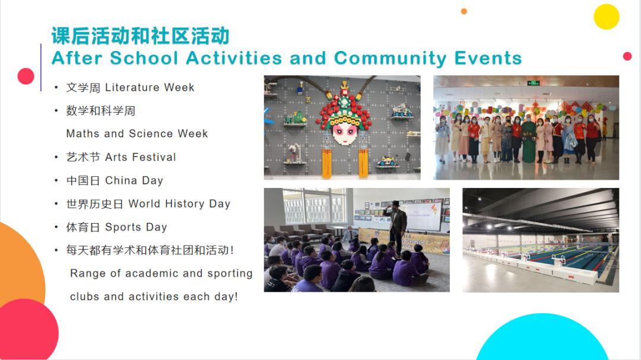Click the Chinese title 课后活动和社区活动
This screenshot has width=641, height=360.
pos(140,36)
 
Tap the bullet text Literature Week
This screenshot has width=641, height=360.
pos(150,87)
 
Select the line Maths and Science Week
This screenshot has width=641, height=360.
pos(137,133)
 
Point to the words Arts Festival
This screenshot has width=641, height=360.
pos(141,157)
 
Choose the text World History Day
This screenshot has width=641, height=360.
pos(179,204)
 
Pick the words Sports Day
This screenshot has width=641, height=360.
pos(136,227)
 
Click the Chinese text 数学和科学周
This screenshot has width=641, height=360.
pos(100,111)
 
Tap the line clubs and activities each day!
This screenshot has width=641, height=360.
pos(154,297)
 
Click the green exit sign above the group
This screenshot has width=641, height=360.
pos(533,83)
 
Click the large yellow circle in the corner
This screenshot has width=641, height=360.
pos(606,17)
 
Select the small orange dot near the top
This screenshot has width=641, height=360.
pos(464,11)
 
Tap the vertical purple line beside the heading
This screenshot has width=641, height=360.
pos(41,68)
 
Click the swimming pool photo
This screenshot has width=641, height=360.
pos(541,240)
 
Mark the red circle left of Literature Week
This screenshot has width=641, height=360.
pos(26,76)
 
